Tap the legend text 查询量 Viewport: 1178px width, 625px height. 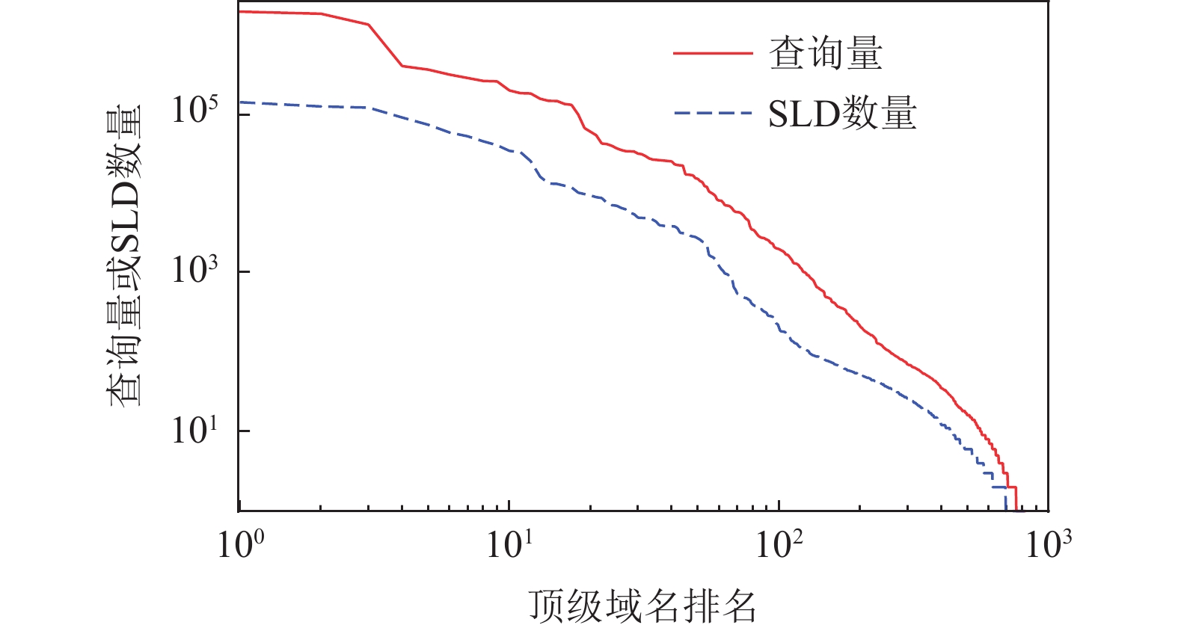pyautogui.click(x=826, y=54)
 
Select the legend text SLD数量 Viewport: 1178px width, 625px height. pyautogui.click(x=842, y=114)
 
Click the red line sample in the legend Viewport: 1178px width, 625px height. pyautogui.click(x=712, y=54)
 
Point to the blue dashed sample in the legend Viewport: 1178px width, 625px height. pyautogui.click(x=712, y=114)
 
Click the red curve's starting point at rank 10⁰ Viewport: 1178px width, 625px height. pyautogui.click(x=240, y=12)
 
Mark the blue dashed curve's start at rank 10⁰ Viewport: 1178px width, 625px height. pyautogui.click(x=240, y=102)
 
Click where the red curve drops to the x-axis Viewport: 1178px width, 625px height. pyautogui.click(x=1016, y=509)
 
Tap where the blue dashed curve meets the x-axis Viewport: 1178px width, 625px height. pyautogui.click(x=1006, y=509)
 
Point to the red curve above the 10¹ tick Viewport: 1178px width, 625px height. pyautogui.click(x=509, y=90)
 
